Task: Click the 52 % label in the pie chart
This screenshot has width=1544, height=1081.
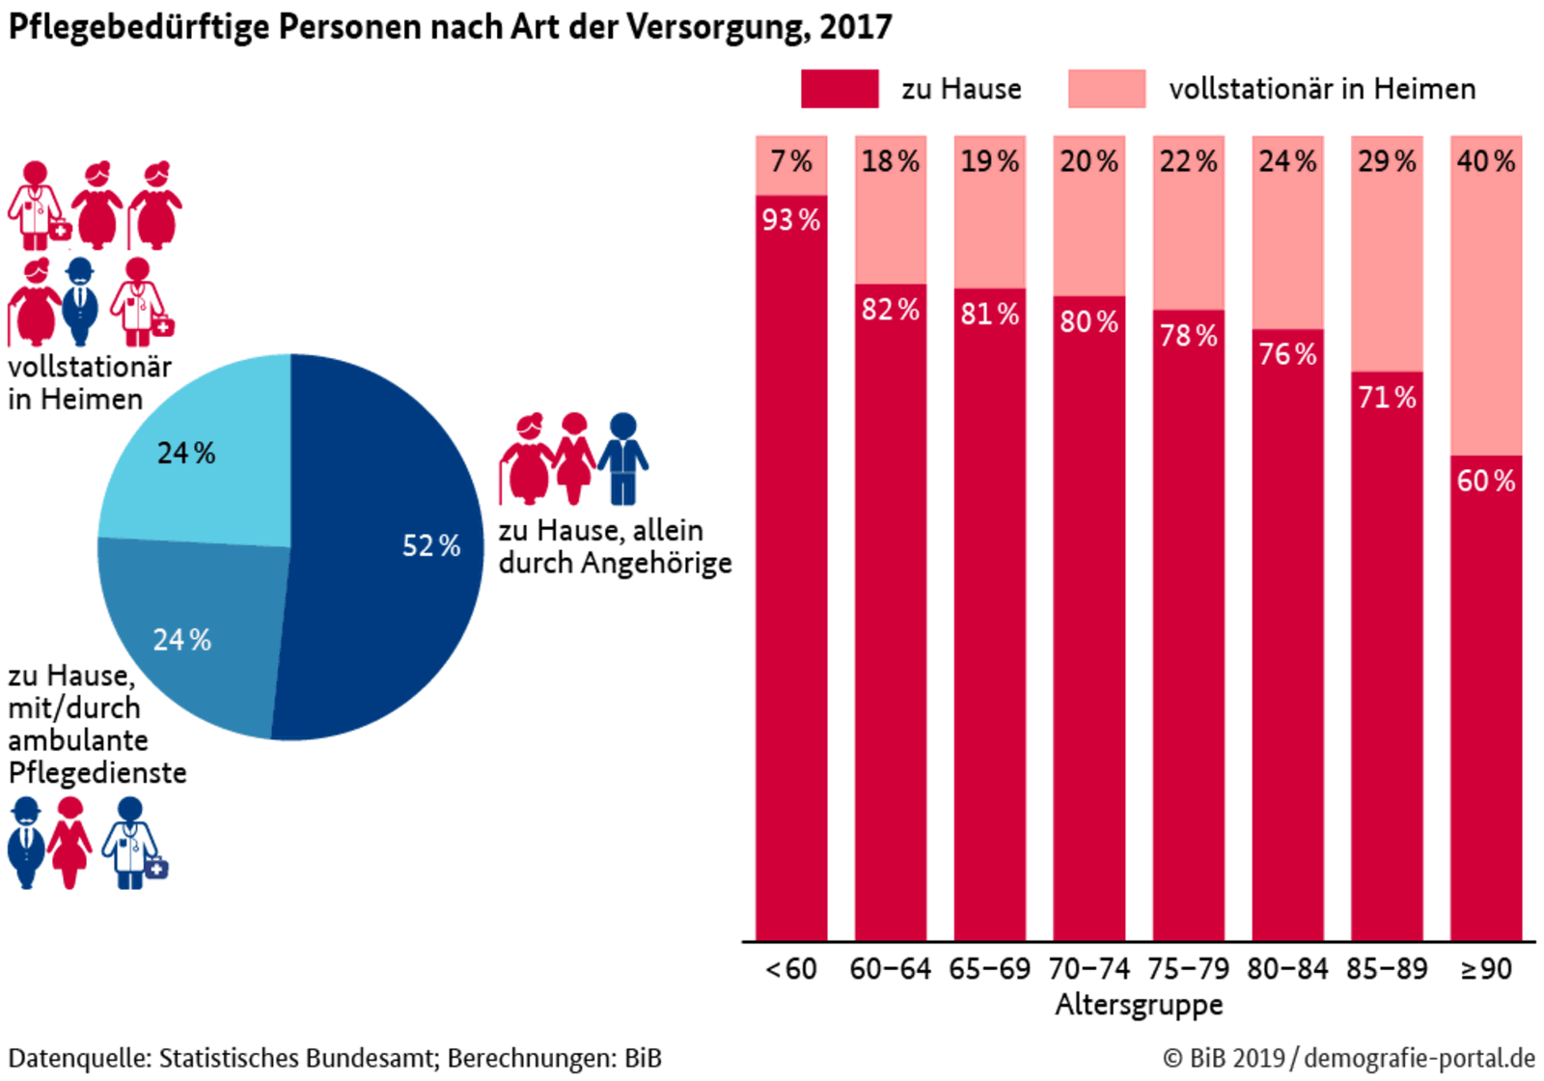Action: pos(431,546)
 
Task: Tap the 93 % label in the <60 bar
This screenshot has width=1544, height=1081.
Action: pos(791,220)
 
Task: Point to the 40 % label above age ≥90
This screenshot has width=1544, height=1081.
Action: pos(1486,161)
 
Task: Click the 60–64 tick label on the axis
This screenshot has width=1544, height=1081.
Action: pos(890,969)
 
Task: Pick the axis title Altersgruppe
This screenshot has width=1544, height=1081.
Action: pos(1139,1005)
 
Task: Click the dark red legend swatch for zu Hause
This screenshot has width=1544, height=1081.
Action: pos(840,89)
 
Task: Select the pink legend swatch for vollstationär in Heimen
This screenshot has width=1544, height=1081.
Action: pos(1107,89)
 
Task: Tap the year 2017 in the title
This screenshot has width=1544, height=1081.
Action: pos(855,27)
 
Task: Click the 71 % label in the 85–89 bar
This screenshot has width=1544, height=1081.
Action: pos(1387,398)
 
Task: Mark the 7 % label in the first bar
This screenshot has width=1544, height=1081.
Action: pos(791,161)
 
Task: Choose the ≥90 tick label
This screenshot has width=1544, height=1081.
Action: pos(1486,969)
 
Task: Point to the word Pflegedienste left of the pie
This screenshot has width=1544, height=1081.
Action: pos(97,773)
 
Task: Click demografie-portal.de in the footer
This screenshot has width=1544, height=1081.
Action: pos(1420,1058)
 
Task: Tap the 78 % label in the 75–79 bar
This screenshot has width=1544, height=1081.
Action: pos(1188,336)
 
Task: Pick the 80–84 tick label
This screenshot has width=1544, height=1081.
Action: pos(1287,969)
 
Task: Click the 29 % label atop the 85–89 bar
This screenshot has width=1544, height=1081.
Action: pos(1387,161)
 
